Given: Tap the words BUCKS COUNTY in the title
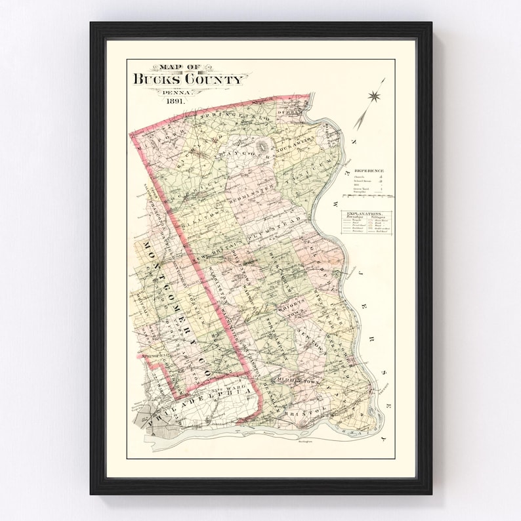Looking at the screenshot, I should click(x=188, y=79).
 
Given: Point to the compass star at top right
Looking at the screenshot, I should click(x=375, y=96).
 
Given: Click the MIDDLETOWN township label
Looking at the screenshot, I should click(x=299, y=380).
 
